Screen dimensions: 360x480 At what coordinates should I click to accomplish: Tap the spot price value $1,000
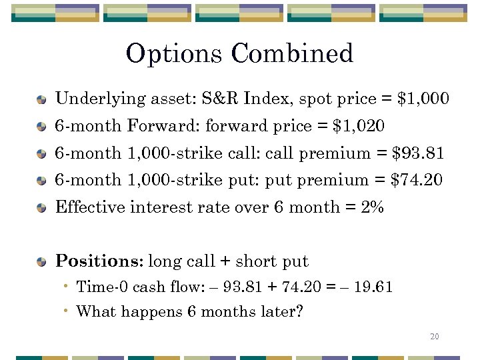pos(423,99)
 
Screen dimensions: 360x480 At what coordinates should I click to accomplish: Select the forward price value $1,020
pos(358,125)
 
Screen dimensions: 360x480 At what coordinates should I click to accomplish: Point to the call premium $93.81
pos(418,153)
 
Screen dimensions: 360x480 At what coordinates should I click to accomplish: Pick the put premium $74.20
pos(417,179)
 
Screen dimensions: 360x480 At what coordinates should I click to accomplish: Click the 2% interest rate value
pos(373,207)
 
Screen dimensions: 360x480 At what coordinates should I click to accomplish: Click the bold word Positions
pos(99,261)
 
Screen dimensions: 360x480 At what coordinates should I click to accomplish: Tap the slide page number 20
pos(435,337)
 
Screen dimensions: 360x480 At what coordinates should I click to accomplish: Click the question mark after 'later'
pos(299,311)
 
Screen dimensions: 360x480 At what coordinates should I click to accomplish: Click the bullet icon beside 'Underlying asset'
pos(42,100)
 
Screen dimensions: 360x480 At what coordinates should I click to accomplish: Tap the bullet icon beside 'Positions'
pos(42,261)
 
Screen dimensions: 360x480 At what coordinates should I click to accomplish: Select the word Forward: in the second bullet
pos(163,125)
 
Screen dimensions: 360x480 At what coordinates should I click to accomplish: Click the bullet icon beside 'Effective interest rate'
pos(42,208)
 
